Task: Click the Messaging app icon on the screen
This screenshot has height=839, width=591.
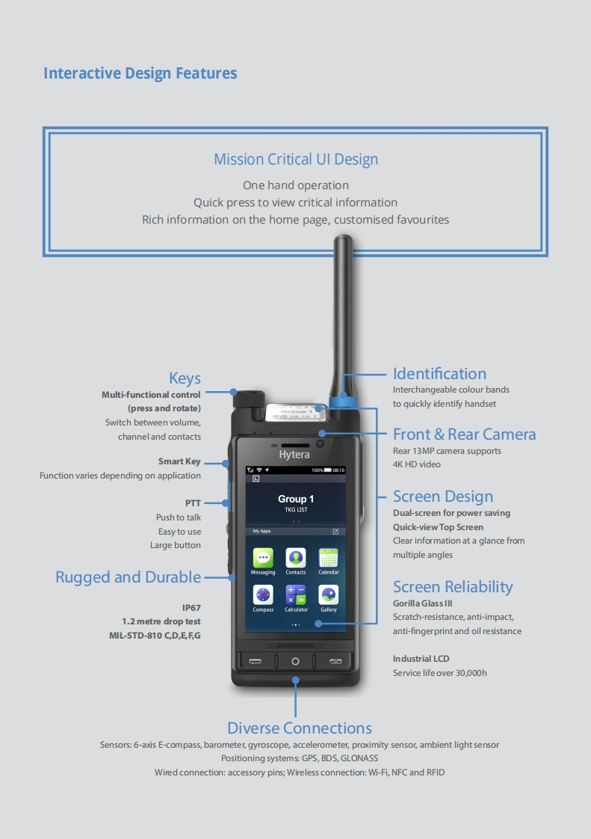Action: tap(263, 558)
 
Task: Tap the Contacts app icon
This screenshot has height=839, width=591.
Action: tap(296, 558)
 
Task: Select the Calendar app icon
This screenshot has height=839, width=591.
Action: tap(329, 558)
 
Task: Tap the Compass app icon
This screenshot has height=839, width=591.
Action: tap(263, 595)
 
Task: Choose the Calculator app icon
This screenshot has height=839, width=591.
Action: tap(296, 595)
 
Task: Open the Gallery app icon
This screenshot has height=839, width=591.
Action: tap(329, 595)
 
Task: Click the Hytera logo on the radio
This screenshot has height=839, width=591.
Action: tap(294, 455)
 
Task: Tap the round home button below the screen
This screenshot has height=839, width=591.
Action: tap(295, 661)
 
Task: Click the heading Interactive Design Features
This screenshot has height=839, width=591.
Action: tap(140, 73)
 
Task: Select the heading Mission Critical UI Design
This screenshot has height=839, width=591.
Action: tap(296, 159)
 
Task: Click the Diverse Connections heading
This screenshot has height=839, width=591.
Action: tap(299, 728)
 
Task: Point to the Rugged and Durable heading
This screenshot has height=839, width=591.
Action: tap(128, 577)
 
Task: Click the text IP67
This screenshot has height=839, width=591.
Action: tap(191, 608)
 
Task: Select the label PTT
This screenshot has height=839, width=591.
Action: tap(193, 503)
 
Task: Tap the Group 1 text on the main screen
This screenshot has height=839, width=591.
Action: tap(296, 499)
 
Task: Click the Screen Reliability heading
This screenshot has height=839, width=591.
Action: tap(453, 587)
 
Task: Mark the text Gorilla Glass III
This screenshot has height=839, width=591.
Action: tap(423, 603)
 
